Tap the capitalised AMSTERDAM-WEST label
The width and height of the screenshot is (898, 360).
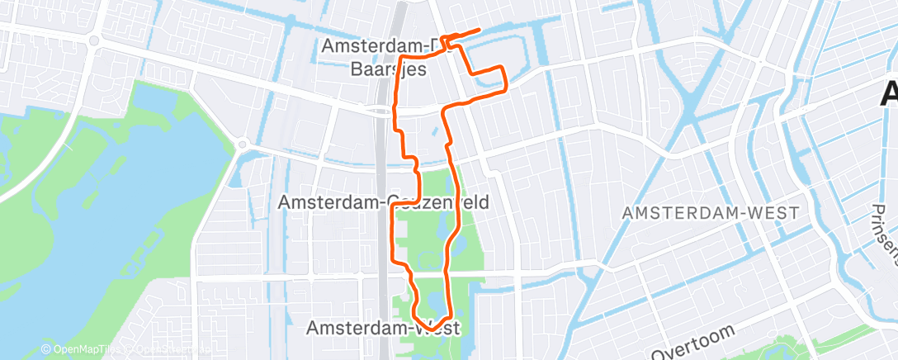pyautogui.click(x=711, y=213)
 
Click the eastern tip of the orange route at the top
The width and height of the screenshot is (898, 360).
pyautogui.click(x=480, y=31)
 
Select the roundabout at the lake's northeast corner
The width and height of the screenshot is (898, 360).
pyautogui.click(x=243, y=144)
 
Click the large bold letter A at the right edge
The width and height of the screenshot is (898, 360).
pyautogui.click(x=890, y=92)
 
